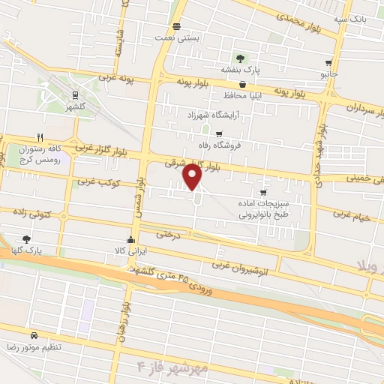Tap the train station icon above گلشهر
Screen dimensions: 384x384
75,94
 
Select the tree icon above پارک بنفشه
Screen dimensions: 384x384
240,58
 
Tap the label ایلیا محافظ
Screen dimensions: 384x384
241,97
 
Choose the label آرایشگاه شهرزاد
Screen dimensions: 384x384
214,117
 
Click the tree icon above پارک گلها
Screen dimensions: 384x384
26,238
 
